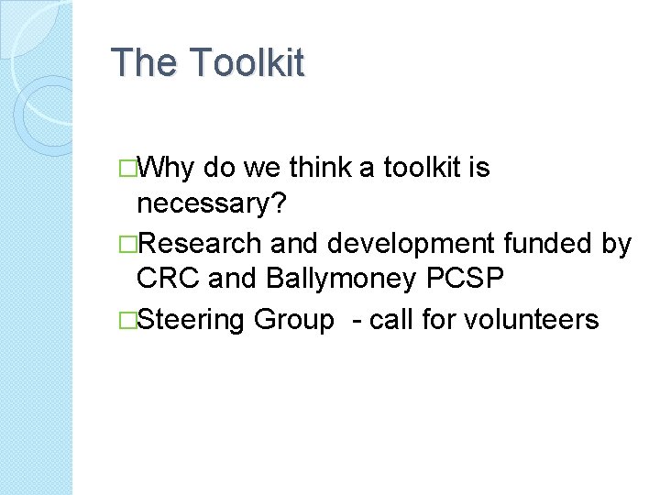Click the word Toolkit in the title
point(247,63)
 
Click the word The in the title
point(145,63)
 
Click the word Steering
point(192,319)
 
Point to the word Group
point(294,319)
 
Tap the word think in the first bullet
point(322,168)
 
